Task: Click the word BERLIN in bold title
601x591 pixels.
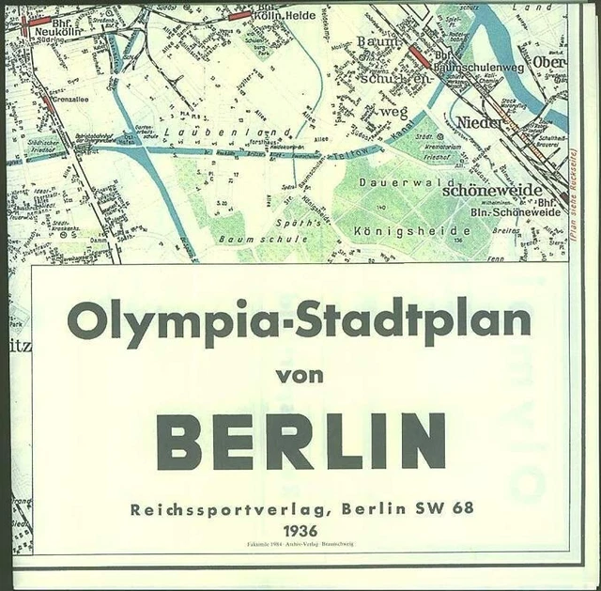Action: coord(300,441)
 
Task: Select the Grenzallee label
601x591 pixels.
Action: coord(73,99)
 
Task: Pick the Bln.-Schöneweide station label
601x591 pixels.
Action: coord(516,211)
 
